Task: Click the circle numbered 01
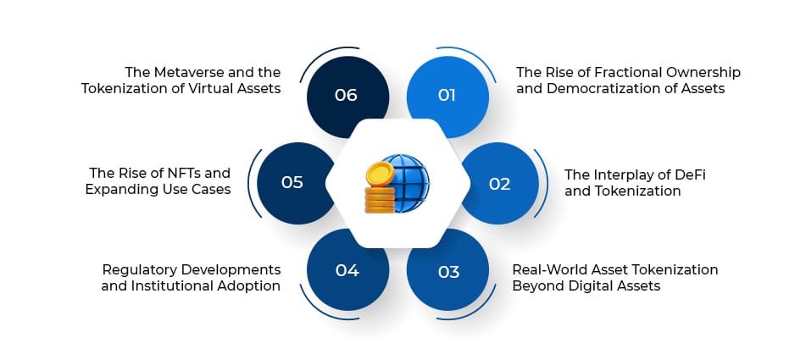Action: (x=447, y=95)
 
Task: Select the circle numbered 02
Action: (x=499, y=183)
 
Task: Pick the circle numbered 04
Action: (x=347, y=271)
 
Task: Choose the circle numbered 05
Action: (x=292, y=182)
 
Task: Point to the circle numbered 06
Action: (x=347, y=95)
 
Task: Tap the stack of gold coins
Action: (x=379, y=191)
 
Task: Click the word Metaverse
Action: (x=186, y=72)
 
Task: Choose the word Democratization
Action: (x=603, y=88)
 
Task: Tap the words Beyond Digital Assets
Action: (x=586, y=285)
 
